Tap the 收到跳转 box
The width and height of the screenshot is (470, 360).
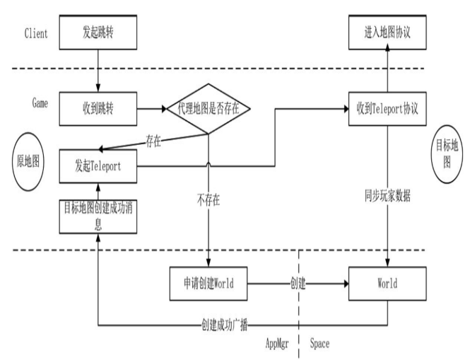point(97,109)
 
